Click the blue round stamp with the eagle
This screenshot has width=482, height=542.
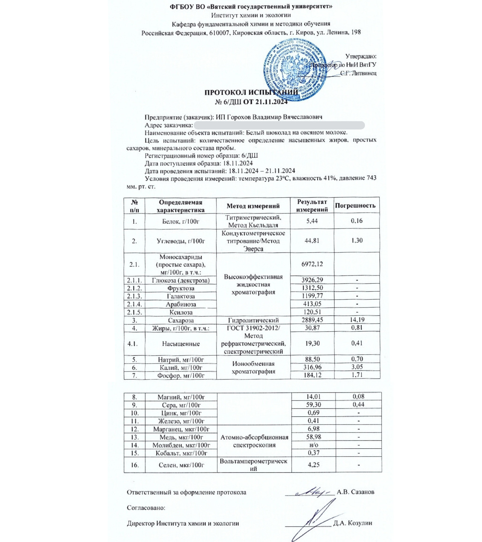294,70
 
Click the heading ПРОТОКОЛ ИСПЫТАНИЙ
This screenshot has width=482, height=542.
251,93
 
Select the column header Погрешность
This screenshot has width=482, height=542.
355,206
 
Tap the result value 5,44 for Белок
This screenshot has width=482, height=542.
312,221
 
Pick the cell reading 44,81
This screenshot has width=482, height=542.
312,241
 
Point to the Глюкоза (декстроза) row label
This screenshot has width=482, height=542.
181,280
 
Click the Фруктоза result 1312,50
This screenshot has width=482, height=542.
312,288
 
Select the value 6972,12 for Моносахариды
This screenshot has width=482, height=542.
312,264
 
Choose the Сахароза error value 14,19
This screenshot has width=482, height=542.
357,320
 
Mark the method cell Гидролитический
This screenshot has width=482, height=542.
253,320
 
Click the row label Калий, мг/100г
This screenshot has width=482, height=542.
181,367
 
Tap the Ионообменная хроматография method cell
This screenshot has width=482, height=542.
253,367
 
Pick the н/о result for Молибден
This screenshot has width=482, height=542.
313,445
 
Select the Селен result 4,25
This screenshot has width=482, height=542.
313,465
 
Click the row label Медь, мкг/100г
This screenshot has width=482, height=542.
181,437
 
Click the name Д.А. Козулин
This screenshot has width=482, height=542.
352,523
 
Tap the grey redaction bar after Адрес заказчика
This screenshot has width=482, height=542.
279,125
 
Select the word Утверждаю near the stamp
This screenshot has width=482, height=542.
361,56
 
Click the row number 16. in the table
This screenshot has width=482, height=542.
134,465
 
